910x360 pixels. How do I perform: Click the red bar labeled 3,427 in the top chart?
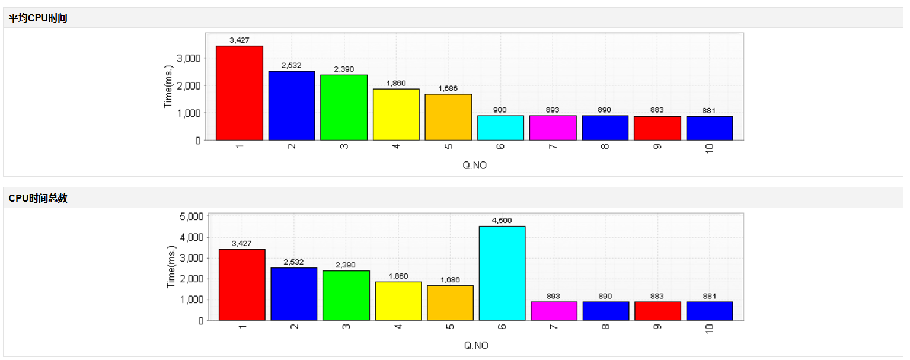(239, 93)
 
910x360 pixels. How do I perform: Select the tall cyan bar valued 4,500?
(502, 273)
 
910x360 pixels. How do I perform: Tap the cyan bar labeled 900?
(500, 128)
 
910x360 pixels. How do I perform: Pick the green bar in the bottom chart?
(346, 295)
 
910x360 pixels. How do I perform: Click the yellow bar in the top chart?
(396, 114)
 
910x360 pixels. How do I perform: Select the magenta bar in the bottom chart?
(554, 311)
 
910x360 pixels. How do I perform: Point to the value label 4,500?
(502, 221)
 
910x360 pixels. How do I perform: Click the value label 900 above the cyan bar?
(500, 110)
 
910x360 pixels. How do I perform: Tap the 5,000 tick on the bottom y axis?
(191, 216)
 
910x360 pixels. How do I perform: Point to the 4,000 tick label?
(191, 237)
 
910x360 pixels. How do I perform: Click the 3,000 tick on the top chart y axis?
(189, 58)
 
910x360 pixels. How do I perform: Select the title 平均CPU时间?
(38, 18)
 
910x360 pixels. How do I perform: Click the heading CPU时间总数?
(38, 198)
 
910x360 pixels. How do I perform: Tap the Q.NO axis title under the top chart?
(474, 165)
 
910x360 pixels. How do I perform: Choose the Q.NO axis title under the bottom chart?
(476, 346)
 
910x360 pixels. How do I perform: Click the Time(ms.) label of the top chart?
(168, 87)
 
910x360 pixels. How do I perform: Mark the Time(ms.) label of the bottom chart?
(171, 267)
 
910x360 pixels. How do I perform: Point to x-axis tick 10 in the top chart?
(710, 148)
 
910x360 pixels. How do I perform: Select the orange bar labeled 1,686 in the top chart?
(448, 117)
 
